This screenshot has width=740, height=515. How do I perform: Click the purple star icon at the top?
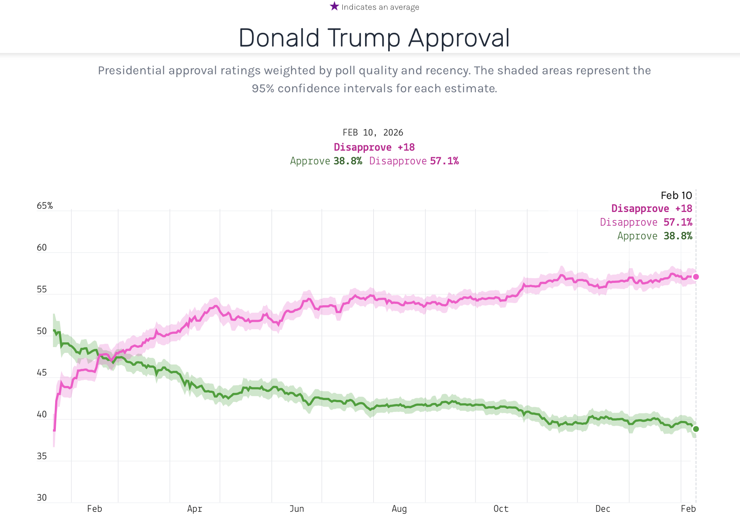[x=334, y=6]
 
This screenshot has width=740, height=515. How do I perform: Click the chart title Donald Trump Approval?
[x=374, y=38]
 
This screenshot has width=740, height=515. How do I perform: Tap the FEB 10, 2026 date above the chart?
[x=373, y=132]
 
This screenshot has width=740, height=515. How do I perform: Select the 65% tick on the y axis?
[x=45, y=206]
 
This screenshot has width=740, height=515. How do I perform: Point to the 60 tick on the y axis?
[x=42, y=248]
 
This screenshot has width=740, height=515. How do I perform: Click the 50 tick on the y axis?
[x=42, y=331]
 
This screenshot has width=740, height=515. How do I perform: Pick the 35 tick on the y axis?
[x=42, y=456]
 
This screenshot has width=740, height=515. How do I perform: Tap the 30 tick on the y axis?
[x=42, y=498]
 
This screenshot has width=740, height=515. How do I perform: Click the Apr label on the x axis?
[x=195, y=509]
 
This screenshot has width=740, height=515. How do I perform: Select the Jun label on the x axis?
[x=297, y=509]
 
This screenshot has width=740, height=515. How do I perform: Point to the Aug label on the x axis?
[x=399, y=509]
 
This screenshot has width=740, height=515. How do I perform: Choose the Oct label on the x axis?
[x=501, y=509]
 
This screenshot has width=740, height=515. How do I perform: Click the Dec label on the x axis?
[x=603, y=509]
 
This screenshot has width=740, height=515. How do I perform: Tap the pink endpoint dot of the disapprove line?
[x=696, y=277]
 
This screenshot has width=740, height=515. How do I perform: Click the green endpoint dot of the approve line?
[x=696, y=429]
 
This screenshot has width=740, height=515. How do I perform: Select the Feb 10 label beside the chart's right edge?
[x=676, y=195]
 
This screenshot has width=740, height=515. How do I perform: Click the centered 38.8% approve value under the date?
[x=348, y=161]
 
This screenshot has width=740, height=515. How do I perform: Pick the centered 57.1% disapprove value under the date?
[x=444, y=161]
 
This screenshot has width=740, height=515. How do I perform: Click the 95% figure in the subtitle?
[x=263, y=88]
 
